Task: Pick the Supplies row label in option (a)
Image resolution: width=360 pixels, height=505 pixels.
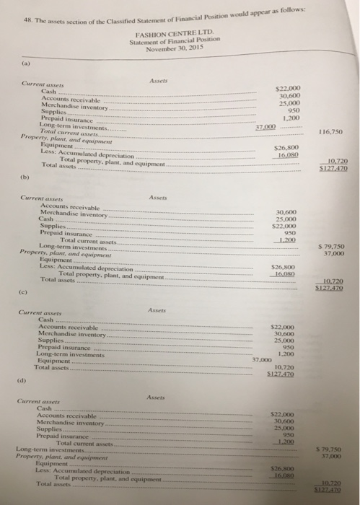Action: [x=52, y=112]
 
